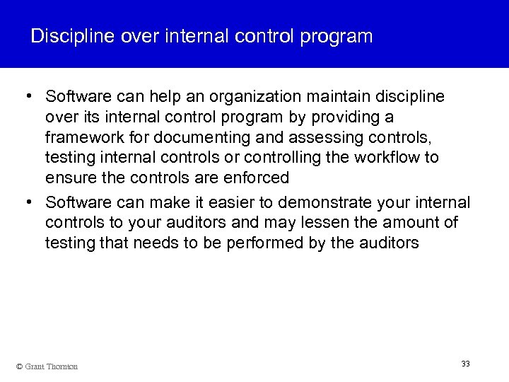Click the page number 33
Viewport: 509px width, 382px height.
465,364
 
